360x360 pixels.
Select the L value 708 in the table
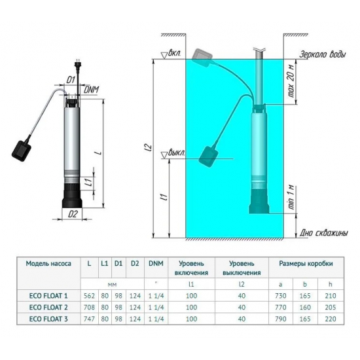[90, 306]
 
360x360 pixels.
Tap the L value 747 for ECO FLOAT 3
[90, 319]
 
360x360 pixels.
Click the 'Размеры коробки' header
[304, 263]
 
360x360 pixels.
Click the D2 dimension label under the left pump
[73, 213]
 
